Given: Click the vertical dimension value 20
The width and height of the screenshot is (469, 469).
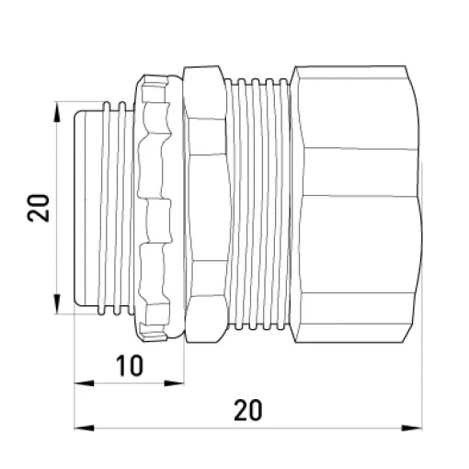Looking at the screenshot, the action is [x=39, y=208].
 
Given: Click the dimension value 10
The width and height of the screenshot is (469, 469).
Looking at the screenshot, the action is [x=130, y=365].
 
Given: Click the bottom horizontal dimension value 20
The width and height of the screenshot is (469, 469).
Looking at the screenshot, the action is [x=248, y=410].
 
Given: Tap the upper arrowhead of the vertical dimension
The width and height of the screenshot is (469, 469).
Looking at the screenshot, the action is [x=57, y=112].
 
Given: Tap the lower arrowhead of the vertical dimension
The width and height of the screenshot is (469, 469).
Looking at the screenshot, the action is [x=57, y=303].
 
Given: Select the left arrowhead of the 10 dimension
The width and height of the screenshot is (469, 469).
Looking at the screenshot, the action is [x=85, y=383].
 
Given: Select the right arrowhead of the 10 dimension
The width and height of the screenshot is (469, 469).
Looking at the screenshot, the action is [x=174, y=383].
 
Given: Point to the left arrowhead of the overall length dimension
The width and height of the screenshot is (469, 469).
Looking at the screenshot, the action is [x=85, y=428].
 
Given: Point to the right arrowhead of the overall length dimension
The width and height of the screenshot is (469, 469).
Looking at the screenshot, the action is [x=412, y=428].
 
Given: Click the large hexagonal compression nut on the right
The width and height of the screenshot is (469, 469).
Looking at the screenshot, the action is [x=356, y=204].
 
